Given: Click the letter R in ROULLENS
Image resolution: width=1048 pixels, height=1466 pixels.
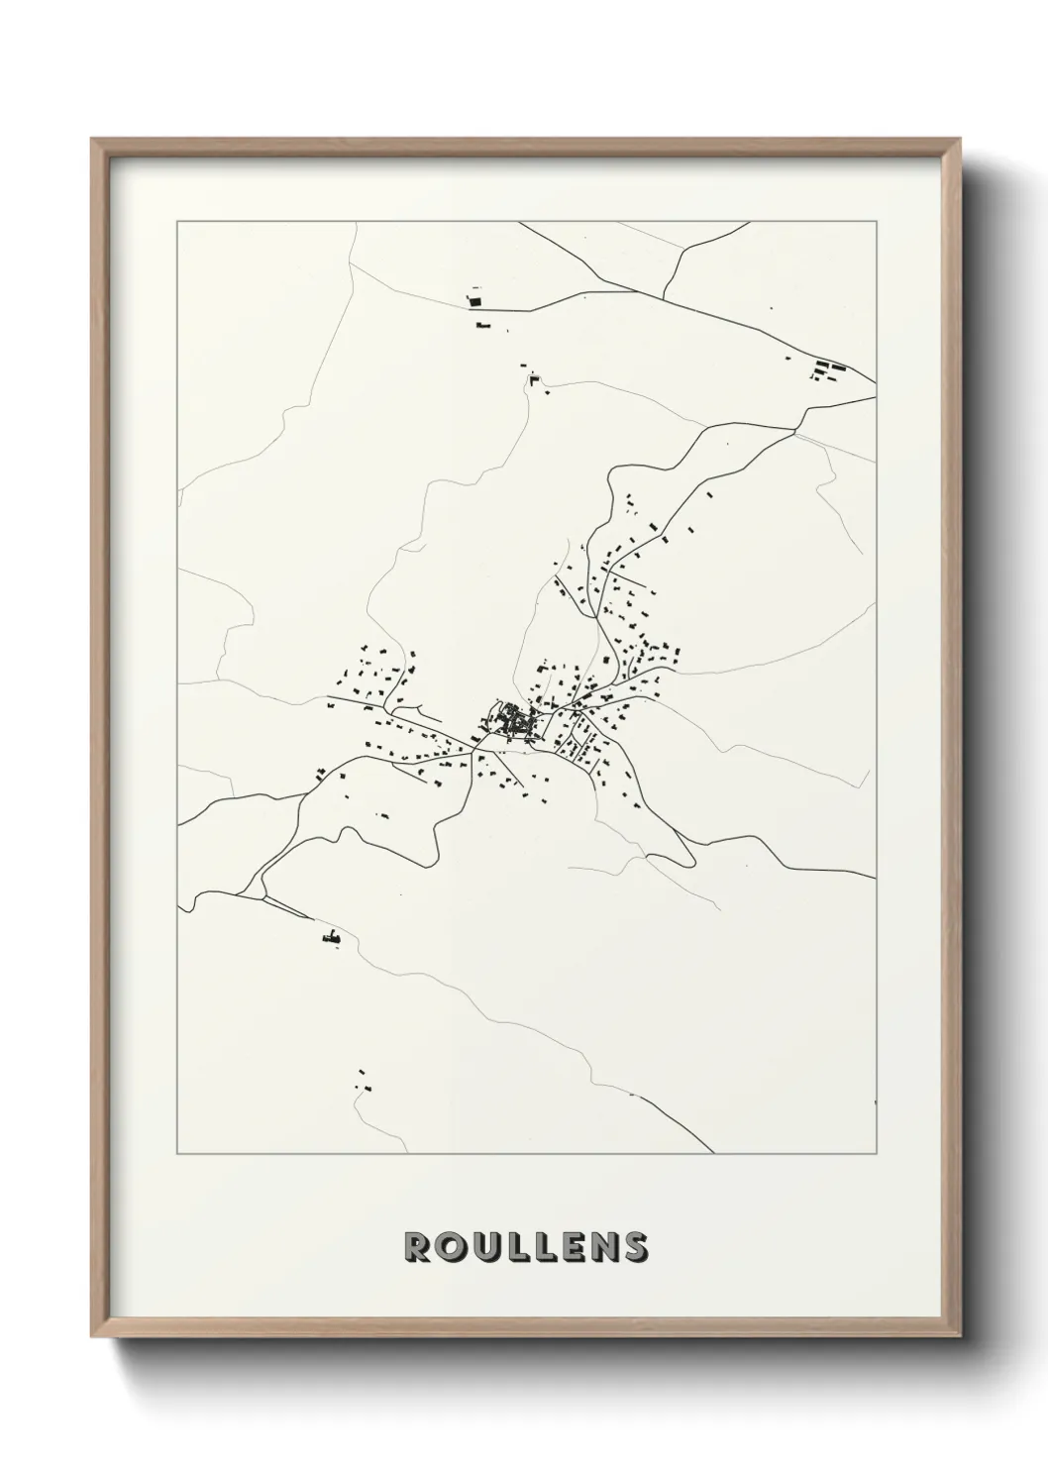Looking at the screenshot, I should pyautogui.click(x=416, y=1247).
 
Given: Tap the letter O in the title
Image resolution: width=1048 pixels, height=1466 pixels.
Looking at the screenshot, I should pyautogui.click(x=448, y=1247).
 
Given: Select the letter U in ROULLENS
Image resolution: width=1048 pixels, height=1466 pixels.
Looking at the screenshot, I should pyautogui.click(x=479, y=1247).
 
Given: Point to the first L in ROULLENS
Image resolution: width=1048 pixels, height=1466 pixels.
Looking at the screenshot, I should pyautogui.click(x=510, y=1247).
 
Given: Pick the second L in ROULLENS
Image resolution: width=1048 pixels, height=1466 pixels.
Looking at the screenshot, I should pyautogui.click(x=538, y=1247).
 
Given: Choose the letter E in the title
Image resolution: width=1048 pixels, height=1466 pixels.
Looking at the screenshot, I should pyautogui.click(x=567, y=1247).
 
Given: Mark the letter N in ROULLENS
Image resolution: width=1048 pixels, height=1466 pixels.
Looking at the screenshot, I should pyautogui.click(x=599, y=1247).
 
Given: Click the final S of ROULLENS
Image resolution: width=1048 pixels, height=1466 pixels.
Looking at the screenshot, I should pyautogui.click(x=633, y=1247).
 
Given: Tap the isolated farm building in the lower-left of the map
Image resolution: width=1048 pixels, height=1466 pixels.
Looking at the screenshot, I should pyautogui.click(x=333, y=936).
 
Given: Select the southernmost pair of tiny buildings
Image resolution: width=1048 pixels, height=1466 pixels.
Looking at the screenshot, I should pyautogui.click(x=364, y=1081).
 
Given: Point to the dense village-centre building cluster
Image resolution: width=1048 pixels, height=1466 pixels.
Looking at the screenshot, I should pyautogui.click(x=515, y=720).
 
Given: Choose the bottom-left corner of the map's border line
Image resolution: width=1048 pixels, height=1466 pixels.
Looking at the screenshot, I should pyautogui.click(x=177, y=1154).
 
